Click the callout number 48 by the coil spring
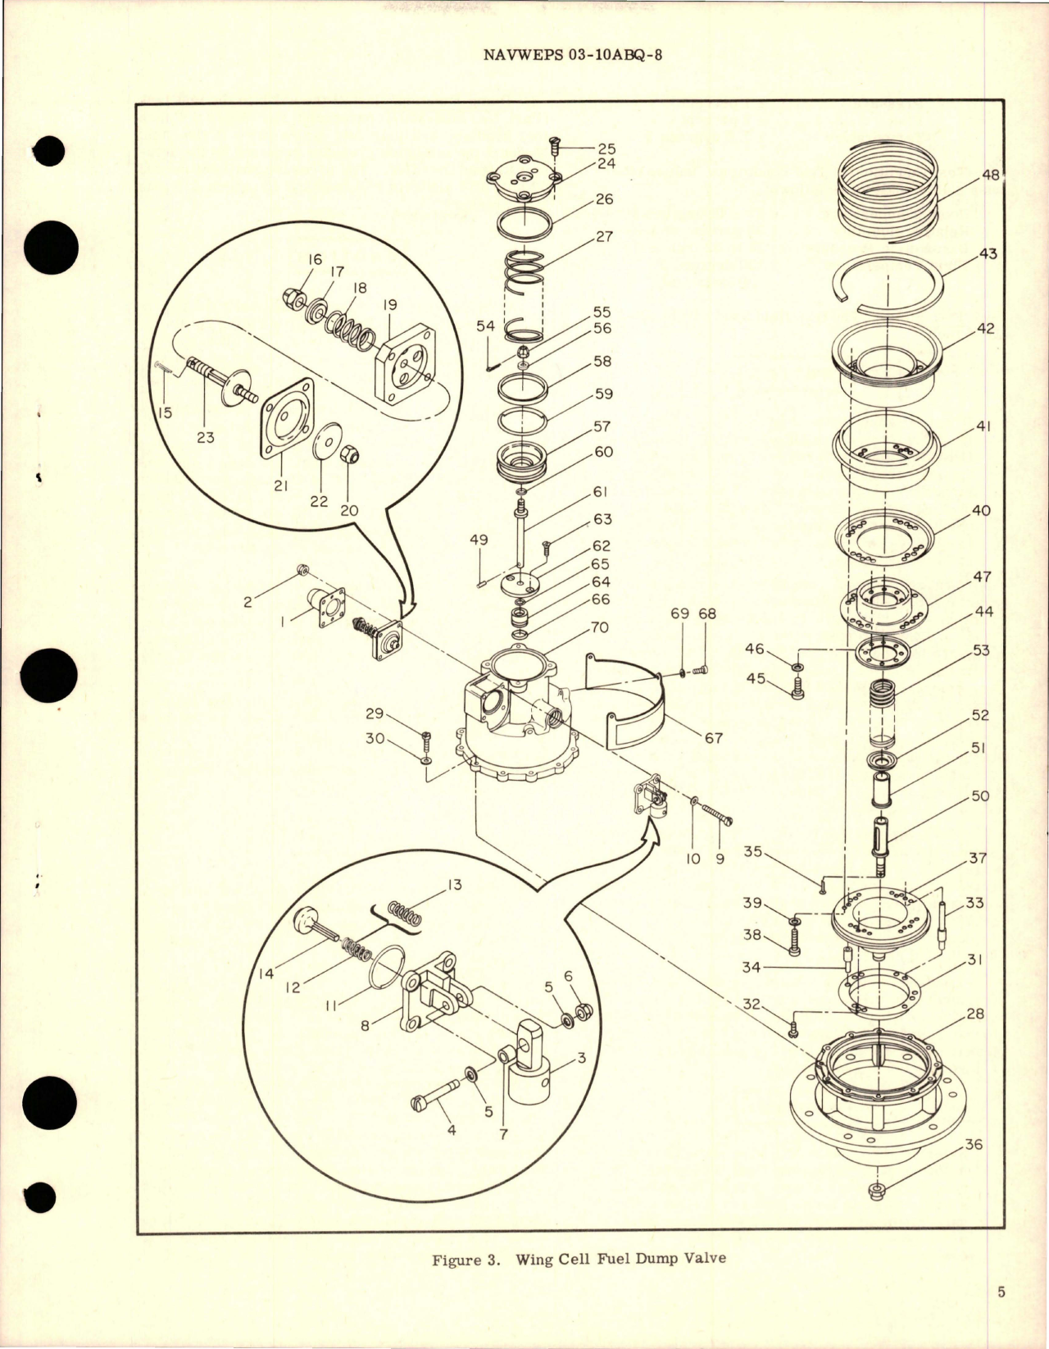tap(990, 175)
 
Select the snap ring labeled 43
tap(888, 283)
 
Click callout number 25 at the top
tap(606, 149)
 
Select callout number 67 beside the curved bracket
tap(713, 737)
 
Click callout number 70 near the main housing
tap(599, 628)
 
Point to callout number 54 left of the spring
tap(486, 326)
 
